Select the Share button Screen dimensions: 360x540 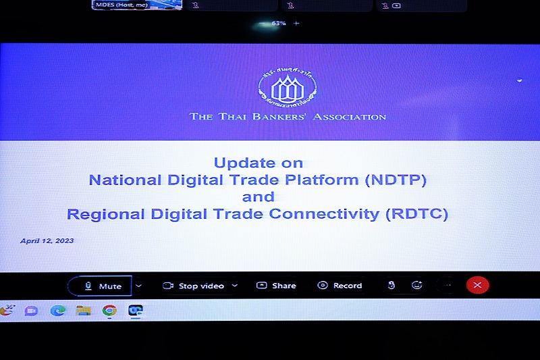tap(276, 286)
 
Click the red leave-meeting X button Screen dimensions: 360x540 tap(477, 285)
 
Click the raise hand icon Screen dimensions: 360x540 tap(391, 285)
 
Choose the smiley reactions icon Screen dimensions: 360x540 tap(416, 285)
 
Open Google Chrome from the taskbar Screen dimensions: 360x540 tap(109, 311)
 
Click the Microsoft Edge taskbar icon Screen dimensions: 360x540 tap(58, 311)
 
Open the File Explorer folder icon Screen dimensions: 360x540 tap(84, 311)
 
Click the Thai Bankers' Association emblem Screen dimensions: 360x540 tap(287, 90)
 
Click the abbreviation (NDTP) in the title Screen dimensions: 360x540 tap(396, 180)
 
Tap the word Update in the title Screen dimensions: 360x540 tap(235, 163)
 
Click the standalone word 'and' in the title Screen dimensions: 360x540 tap(259, 197)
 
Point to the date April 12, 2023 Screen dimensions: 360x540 tap(47, 241)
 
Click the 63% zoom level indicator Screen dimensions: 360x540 tap(278, 23)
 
